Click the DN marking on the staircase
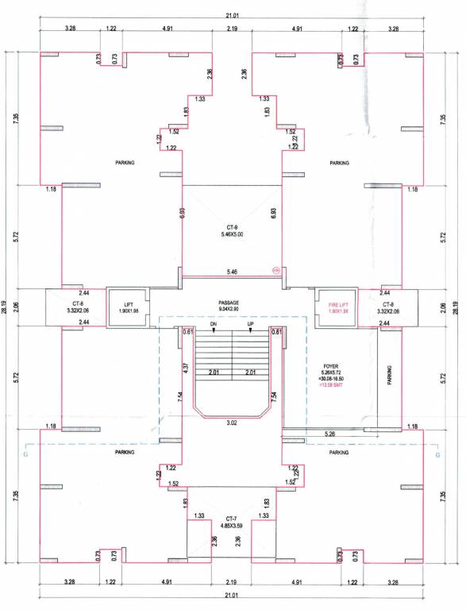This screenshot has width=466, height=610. (x=213, y=324)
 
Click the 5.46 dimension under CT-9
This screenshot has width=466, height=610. (x=232, y=272)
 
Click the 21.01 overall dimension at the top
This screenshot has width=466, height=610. (x=232, y=14)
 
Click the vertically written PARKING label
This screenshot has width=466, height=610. (x=389, y=375)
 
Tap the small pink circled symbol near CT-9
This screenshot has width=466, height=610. (x=276, y=270)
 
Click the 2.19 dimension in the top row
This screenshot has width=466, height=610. (x=232, y=29)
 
